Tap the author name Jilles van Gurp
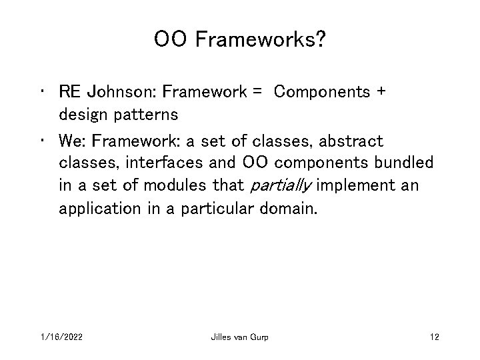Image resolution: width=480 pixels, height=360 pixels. pyautogui.click(x=239, y=337)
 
